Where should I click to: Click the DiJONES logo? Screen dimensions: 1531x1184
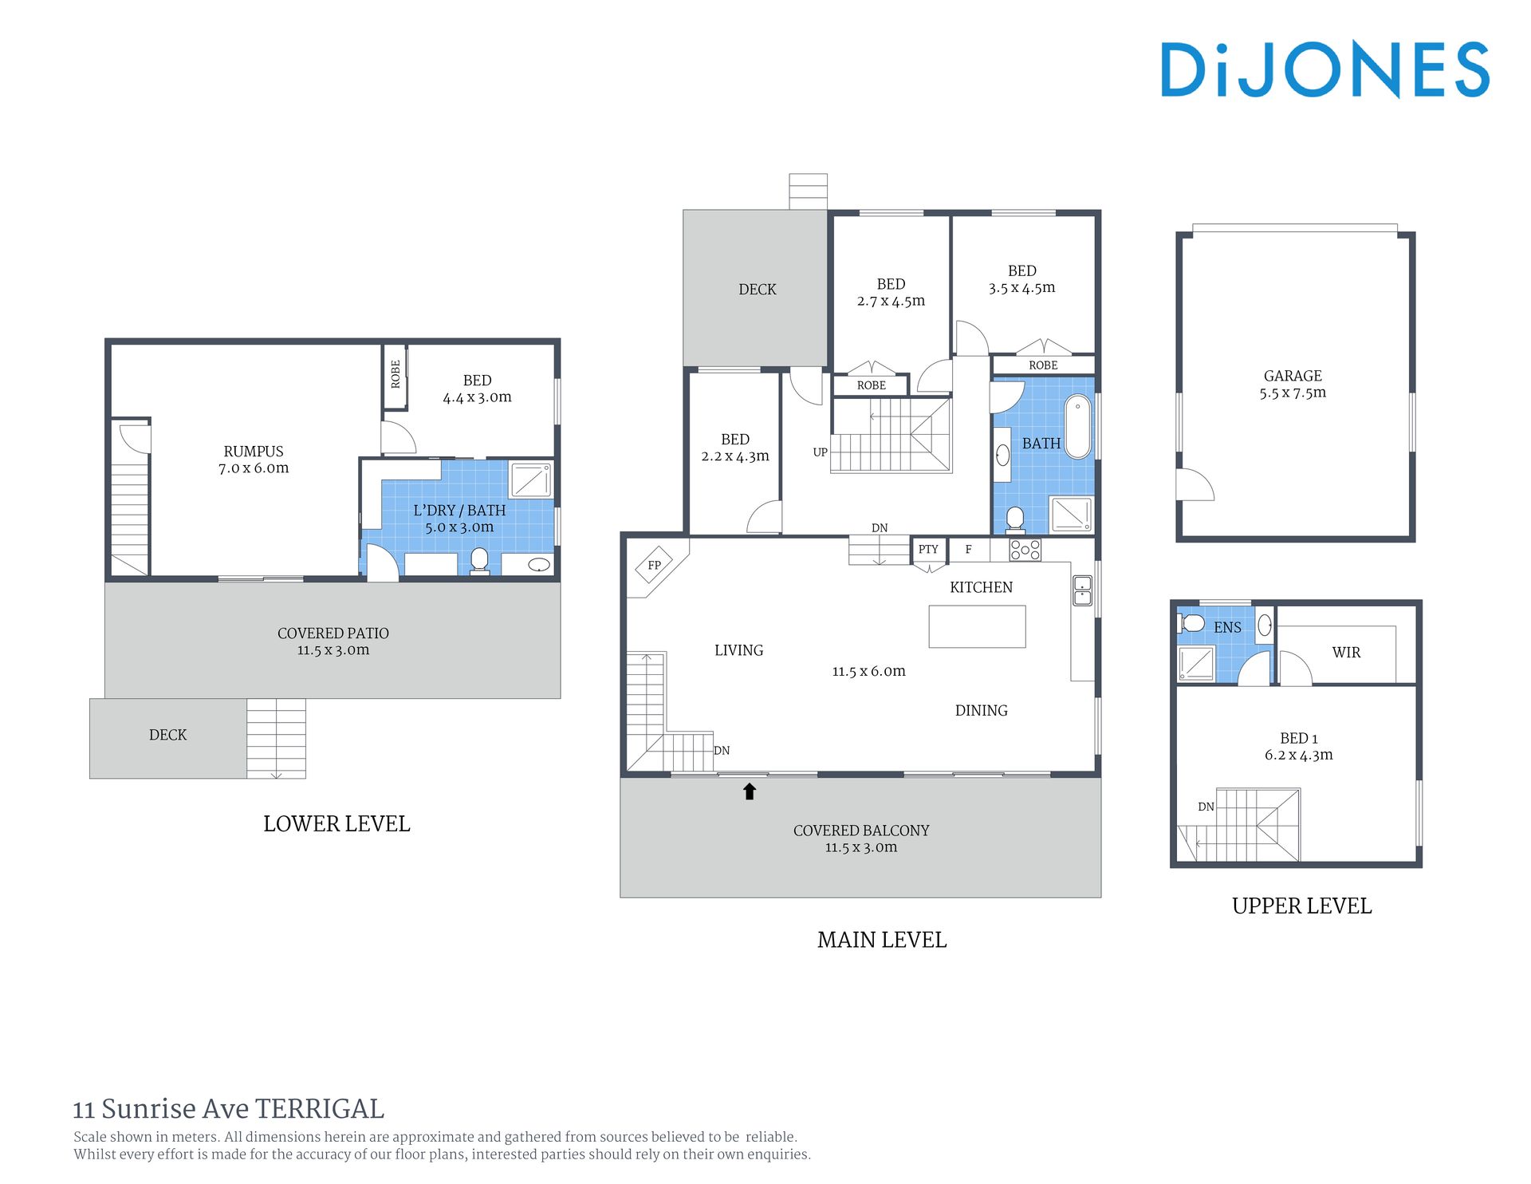tap(1324, 69)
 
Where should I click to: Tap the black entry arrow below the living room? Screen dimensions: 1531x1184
tap(750, 791)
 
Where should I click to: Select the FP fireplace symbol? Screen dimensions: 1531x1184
tap(655, 565)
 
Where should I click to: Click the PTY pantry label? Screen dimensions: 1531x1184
tap(928, 549)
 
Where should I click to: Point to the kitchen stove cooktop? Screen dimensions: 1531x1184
tap(1025, 550)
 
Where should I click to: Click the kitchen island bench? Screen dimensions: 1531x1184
tap(977, 626)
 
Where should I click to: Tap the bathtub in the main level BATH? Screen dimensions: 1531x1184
tap(1077, 426)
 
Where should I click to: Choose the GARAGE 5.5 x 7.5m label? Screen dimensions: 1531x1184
tap(1293, 384)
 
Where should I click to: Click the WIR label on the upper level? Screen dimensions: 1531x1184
tap(1346, 652)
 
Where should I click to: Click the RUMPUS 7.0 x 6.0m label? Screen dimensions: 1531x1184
tap(254, 460)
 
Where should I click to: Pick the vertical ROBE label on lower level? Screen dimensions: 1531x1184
tap(396, 373)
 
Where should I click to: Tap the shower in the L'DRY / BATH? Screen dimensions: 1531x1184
tap(530, 480)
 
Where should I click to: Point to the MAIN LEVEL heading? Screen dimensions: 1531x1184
tap(882, 940)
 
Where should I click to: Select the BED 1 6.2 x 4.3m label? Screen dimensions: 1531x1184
tap(1298, 746)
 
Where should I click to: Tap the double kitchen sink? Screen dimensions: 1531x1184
tap(1082, 590)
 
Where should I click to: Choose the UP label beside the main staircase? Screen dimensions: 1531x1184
tap(820, 452)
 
